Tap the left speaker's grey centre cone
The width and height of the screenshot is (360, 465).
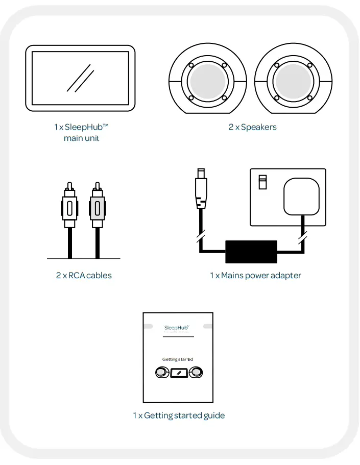[207, 81]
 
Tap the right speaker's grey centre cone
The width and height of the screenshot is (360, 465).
[293, 81]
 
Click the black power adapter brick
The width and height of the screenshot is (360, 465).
[251, 252]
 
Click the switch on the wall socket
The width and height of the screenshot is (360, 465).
[263, 182]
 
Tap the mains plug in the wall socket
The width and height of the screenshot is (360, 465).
[301, 197]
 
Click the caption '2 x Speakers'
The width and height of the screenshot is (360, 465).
[253, 127]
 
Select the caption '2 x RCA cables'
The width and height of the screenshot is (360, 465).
[84, 275]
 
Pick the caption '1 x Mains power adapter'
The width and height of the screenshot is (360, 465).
[255, 275]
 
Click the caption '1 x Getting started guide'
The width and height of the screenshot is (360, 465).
[179, 415]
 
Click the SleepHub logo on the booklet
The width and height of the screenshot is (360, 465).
[177, 327]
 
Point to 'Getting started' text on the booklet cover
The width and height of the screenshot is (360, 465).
[178, 359]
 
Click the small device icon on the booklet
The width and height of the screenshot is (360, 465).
[178, 374]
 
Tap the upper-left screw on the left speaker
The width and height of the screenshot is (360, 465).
[190, 65]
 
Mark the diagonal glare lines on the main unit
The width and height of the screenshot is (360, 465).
[81, 78]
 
